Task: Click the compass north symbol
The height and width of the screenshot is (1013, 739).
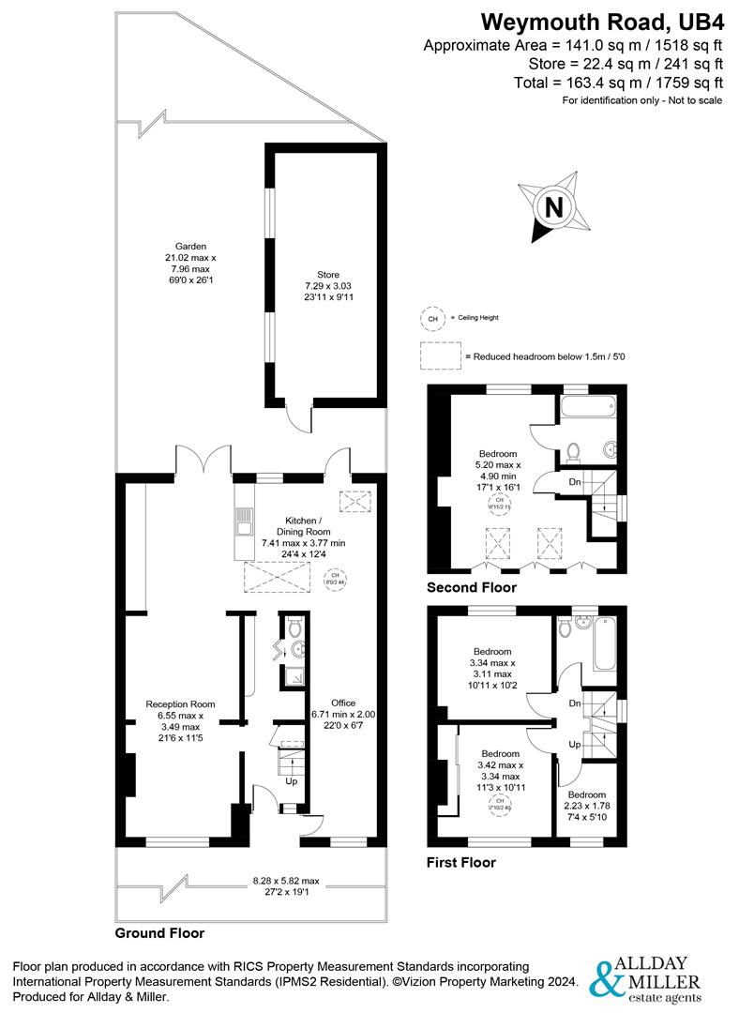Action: point(554,206)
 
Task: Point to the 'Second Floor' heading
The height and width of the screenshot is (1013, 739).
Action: point(471,588)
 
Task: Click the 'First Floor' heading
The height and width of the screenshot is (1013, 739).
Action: point(460,862)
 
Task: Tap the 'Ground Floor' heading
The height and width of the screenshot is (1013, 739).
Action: point(158,933)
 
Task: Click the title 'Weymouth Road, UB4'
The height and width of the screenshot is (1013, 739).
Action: point(600,22)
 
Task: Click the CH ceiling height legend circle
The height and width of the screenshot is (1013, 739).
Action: point(432,319)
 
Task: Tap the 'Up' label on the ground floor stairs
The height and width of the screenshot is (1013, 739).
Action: point(291,780)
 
